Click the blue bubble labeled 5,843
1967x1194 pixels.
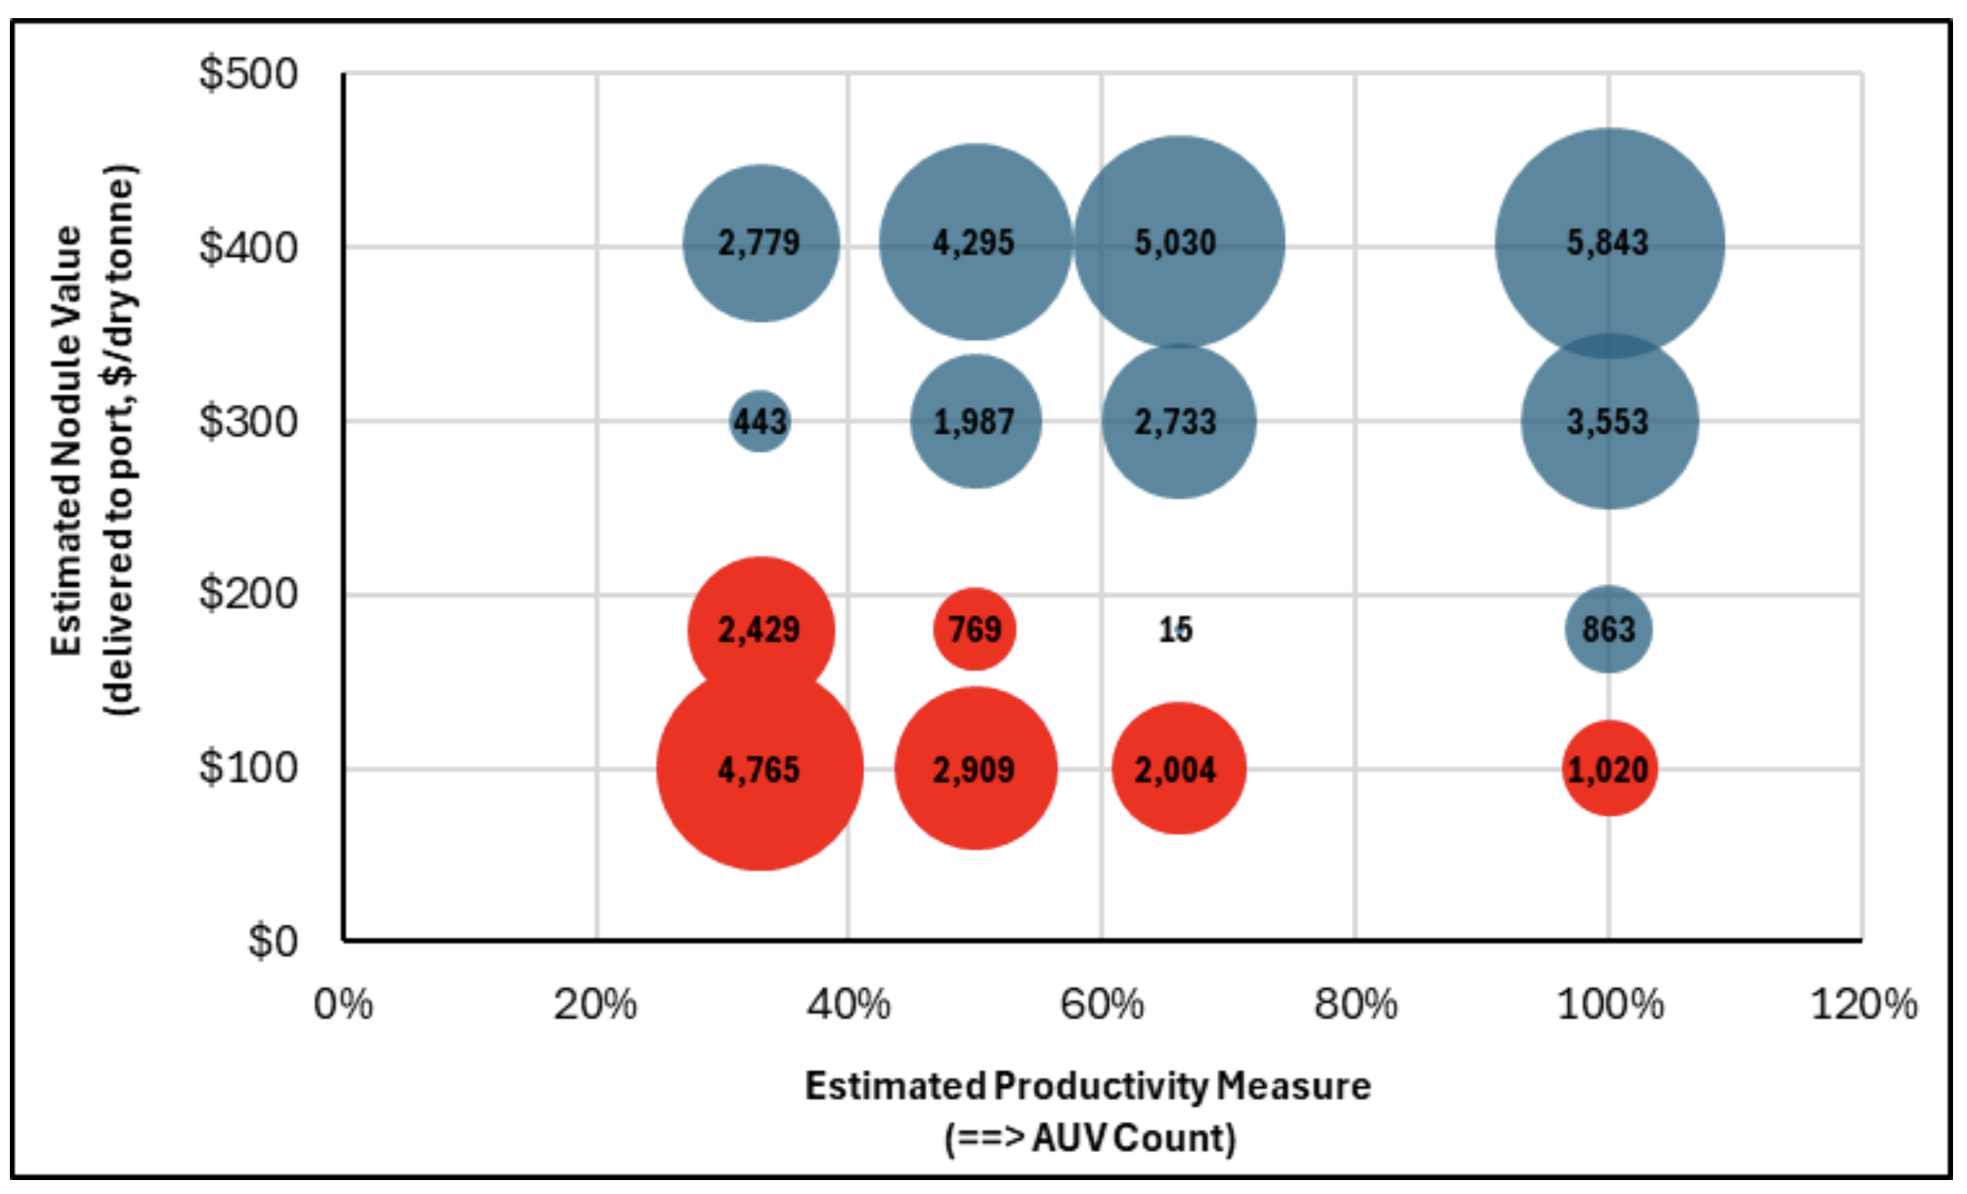click(x=1608, y=243)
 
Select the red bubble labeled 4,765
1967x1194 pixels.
click(x=759, y=770)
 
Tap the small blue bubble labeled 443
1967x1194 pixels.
click(x=760, y=422)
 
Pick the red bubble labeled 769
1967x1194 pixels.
click(x=974, y=629)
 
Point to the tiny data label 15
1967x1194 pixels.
click(x=1176, y=630)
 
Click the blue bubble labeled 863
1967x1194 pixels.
click(x=1608, y=629)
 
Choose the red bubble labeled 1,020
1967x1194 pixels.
click(x=1608, y=770)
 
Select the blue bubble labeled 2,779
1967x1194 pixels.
click(x=760, y=243)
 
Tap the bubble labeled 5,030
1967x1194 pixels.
click(x=1178, y=243)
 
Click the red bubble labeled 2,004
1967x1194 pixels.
click(x=1178, y=770)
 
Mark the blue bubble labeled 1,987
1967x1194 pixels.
click(x=974, y=422)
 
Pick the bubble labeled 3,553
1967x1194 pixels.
click(x=1608, y=422)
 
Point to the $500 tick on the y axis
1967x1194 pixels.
click(x=248, y=74)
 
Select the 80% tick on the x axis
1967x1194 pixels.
click(x=1355, y=1005)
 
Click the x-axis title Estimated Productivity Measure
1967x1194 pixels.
click(x=1087, y=1086)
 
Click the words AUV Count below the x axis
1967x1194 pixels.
click(x=1133, y=1139)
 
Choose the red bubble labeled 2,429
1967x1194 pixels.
click(x=760, y=629)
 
